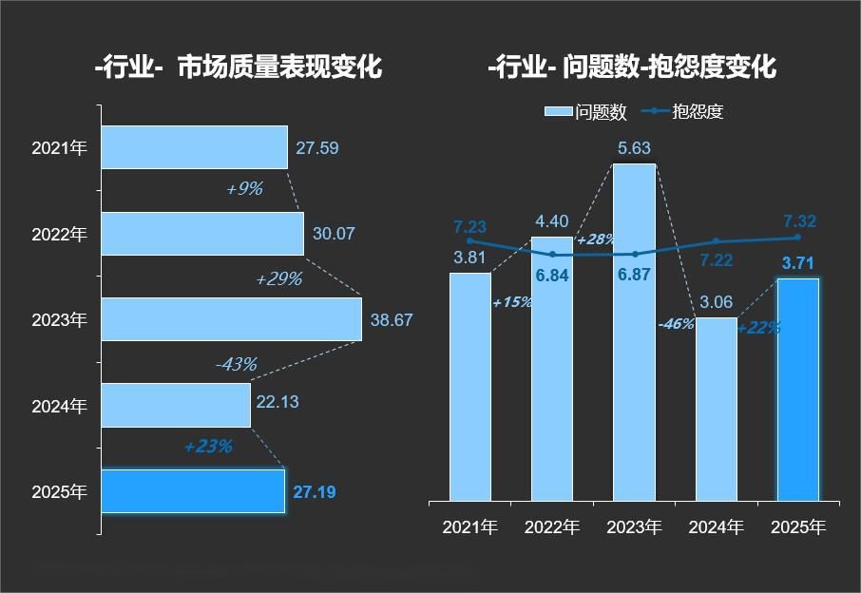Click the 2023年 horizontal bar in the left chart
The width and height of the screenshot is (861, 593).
(x=231, y=319)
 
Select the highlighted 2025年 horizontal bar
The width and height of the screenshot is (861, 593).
(x=193, y=491)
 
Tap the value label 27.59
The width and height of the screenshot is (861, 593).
(x=316, y=148)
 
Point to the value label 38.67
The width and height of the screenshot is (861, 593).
(x=392, y=320)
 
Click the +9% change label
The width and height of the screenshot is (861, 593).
(x=243, y=189)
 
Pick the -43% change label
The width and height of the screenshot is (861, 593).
(x=236, y=364)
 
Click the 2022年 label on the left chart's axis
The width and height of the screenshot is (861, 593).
(x=59, y=234)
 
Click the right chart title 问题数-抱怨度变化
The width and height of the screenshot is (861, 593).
(x=669, y=67)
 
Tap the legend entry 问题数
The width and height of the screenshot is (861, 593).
(x=586, y=112)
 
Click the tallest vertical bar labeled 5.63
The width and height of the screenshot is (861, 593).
(x=634, y=332)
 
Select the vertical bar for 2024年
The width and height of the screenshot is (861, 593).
(x=716, y=409)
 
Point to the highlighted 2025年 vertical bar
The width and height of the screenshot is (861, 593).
(x=797, y=390)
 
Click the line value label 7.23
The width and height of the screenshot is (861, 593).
(x=469, y=227)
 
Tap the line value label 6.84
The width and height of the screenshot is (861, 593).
(x=552, y=276)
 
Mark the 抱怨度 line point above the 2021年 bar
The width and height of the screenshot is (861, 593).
(x=469, y=241)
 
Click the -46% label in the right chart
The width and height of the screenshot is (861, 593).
(x=676, y=324)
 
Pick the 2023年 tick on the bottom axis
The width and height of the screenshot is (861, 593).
(x=634, y=526)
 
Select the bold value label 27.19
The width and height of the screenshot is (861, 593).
(x=314, y=492)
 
